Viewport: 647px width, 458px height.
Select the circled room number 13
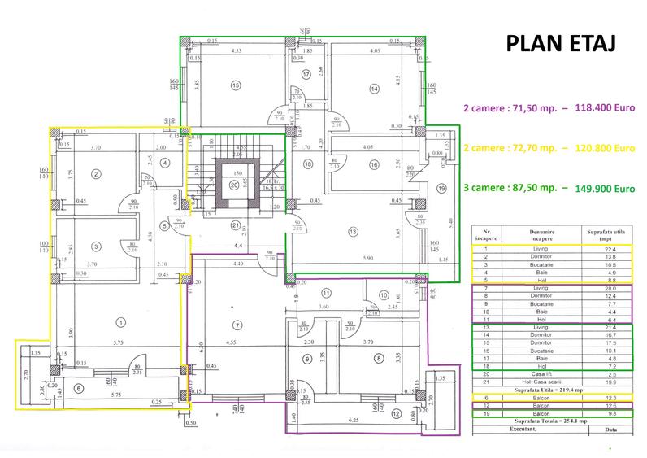click(x=353, y=233)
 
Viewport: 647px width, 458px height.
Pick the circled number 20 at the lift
click(x=235, y=185)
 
